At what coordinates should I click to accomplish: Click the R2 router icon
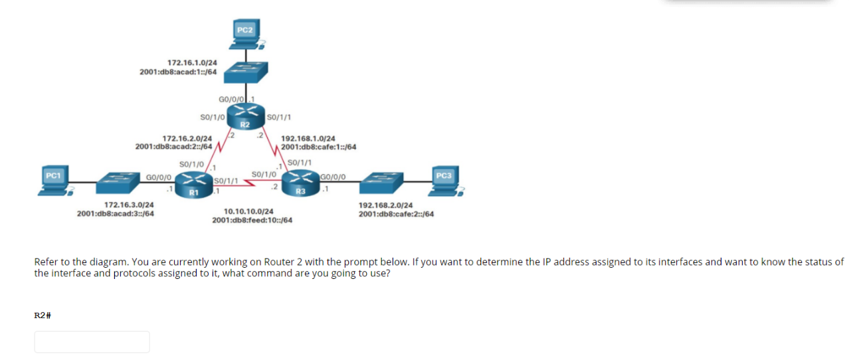point(244,116)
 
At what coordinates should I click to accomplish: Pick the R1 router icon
point(194,183)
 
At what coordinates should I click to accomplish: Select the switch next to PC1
point(118,181)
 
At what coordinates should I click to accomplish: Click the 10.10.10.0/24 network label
point(248,211)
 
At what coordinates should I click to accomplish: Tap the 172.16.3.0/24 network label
point(130,205)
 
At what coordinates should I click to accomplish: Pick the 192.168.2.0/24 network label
point(385,206)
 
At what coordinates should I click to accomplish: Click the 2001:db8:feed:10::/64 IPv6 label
point(252,220)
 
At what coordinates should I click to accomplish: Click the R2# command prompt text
point(43,315)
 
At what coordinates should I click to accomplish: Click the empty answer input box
point(92,341)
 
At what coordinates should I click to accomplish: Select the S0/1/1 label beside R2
point(276,117)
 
